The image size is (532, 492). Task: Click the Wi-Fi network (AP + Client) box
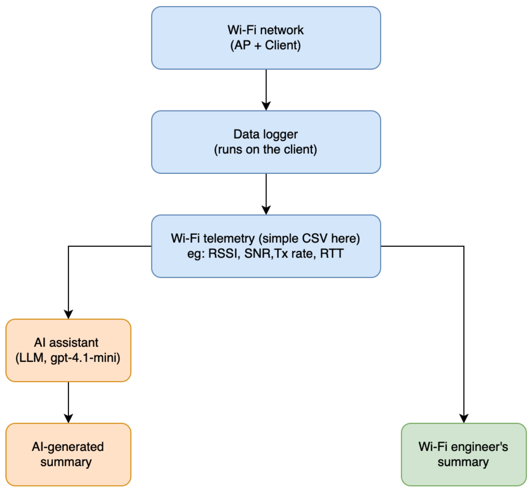point(266,38)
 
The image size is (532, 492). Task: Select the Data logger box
point(266,142)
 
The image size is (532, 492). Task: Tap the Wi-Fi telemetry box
point(266,246)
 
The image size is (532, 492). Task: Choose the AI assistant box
point(68,350)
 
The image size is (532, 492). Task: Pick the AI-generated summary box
point(68,454)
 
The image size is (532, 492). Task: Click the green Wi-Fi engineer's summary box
point(464,454)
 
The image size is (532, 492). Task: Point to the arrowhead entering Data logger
point(266,106)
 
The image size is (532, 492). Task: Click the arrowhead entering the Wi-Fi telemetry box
point(266,210)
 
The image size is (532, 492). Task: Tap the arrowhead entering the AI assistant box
point(68,314)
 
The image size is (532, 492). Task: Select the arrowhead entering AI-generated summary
point(68,419)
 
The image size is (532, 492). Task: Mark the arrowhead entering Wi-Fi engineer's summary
point(464,419)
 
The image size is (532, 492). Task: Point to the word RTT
point(332,254)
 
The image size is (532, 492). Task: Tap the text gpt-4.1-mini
point(85,358)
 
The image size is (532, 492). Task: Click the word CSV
point(315,238)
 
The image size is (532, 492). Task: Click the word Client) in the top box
point(283,45)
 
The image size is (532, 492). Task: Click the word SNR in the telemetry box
point(257,254)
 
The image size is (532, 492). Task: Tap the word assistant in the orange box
point(73,343)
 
